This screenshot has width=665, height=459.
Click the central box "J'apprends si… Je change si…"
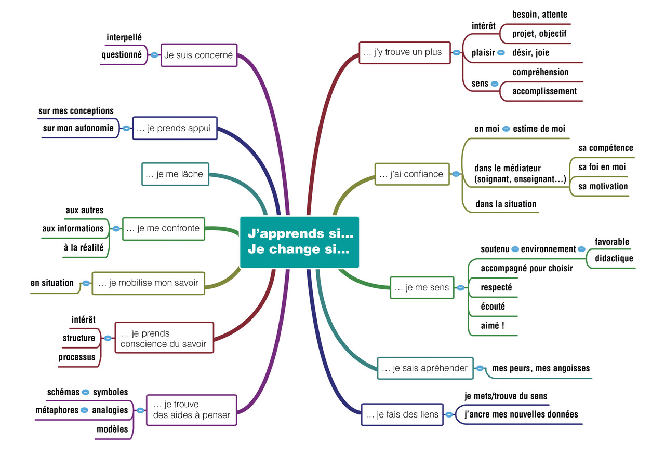299,242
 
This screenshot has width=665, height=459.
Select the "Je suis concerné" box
199,55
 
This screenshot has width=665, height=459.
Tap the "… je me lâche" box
175,174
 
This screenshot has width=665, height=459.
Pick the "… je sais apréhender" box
425,368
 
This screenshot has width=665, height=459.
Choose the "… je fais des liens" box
402,414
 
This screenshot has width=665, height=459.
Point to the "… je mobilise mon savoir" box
149,283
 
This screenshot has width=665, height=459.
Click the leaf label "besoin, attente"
540,15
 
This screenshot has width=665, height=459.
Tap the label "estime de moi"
539,129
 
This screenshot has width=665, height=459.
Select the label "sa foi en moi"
602,167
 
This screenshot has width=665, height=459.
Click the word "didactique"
614,258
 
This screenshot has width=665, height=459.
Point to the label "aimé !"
493,326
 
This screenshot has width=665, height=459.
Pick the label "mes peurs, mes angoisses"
541,368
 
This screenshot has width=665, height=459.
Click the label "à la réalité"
84,248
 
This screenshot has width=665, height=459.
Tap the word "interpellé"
124,37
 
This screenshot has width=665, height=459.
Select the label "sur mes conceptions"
76,111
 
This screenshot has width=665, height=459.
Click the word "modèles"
112,429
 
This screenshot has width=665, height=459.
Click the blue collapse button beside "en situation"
86,283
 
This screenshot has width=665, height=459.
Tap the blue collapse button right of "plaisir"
501,52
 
